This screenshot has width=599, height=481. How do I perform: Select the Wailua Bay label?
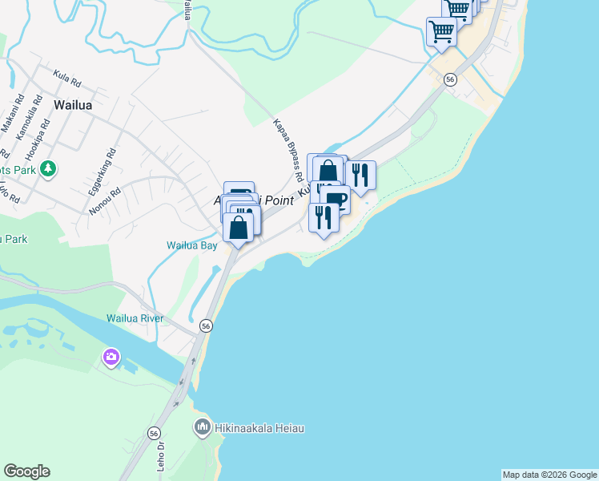(x=192, y=246)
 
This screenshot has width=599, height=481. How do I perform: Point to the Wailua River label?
(x=135, y=318)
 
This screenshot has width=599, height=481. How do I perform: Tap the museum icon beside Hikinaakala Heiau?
(x=203, y=428)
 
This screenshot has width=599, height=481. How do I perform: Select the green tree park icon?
(x=49, y=168)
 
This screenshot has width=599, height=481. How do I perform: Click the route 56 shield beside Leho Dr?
(x=154, y=433)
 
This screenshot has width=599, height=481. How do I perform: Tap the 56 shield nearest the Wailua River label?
(x=207, y=326)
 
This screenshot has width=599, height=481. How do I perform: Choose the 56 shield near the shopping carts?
(x=450, y=79)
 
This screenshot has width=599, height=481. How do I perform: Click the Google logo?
(x=26, y=471)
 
